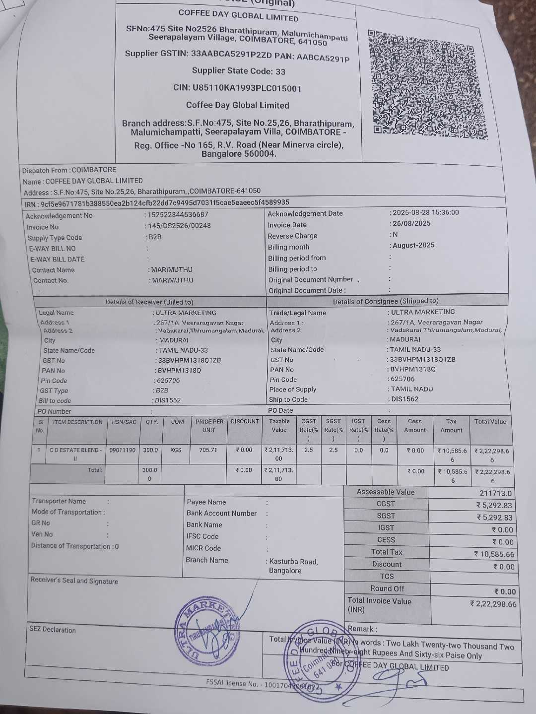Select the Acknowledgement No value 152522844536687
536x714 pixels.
[177, 215]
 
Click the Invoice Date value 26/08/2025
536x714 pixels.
[411, 223]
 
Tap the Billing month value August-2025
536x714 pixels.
[413, 245]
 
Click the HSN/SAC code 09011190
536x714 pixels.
[122, 450]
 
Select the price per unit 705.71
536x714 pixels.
[208, 450]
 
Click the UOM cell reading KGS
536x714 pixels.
[176, 450]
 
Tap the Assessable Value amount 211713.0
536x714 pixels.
[495, 493]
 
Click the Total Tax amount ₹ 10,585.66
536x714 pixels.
[494, 554]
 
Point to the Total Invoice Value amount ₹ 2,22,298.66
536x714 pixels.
[493, 604]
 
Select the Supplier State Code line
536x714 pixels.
[239, 71]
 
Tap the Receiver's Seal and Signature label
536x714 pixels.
[74, 581]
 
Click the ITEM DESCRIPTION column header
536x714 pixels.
[78, 422]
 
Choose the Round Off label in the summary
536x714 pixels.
[387, 588]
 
